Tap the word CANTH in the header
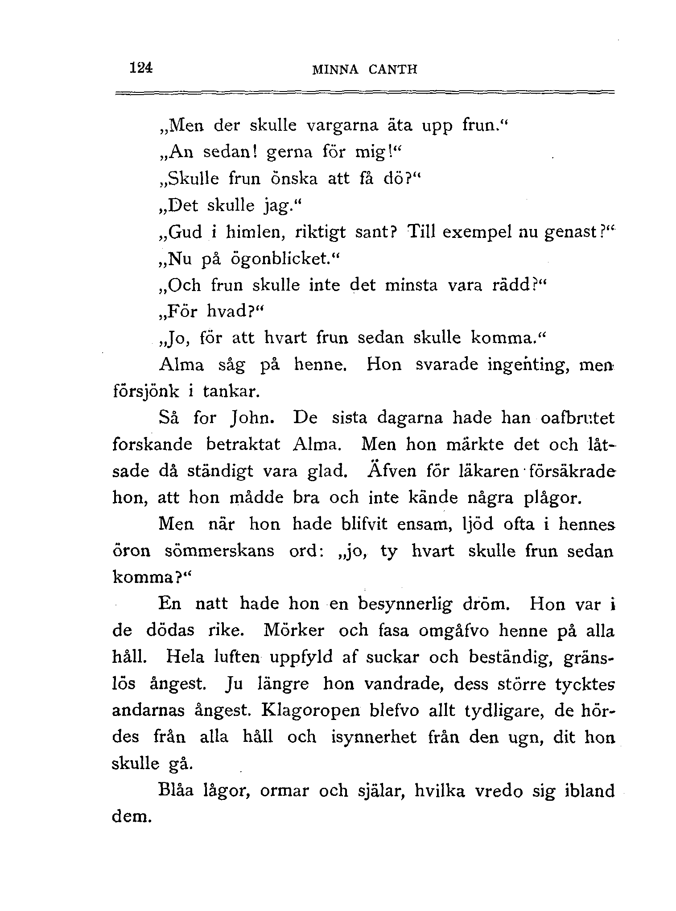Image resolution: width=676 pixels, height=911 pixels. click(393, 70)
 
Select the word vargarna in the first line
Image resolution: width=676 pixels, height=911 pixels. click(342, 126)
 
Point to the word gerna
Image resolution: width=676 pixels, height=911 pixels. click(293, 153)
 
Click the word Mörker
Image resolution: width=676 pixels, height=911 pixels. click(294, 630)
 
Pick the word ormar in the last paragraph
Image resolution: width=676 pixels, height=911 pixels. click(284, 791)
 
